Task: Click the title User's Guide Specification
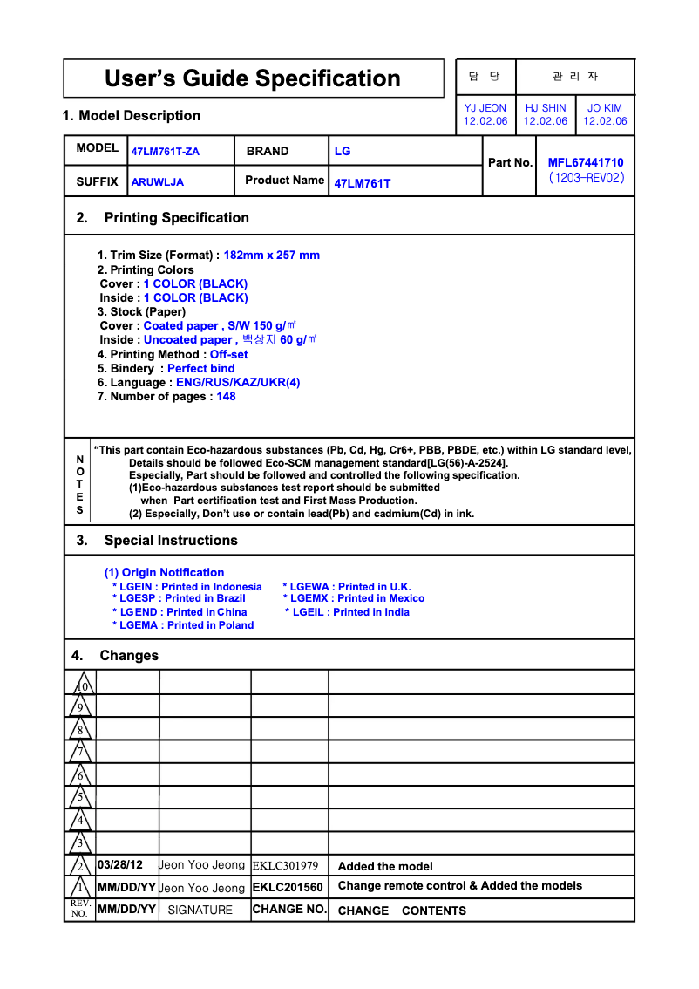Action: [x=253, y=78]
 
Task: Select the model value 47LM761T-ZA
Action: [x=166, y=152]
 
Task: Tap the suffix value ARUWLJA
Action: [x=158, y=182]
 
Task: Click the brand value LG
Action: [x=343, y=151]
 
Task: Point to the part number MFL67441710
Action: [x=586, y=162]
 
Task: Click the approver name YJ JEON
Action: [x=485, y=108]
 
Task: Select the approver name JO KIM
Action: [x=605, y=108]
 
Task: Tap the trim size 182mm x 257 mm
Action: [x=272, y=256]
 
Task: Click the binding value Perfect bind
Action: [x=201, y=368]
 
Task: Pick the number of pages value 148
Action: [x=227, y=396]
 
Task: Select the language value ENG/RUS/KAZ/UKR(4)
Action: [x=238, y=382]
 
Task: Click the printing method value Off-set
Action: [x=229, y=354]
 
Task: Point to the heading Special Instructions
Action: [x=171, y=540]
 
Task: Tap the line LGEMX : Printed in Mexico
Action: [x=354, y=598]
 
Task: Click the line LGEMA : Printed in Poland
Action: [x=183, y=625]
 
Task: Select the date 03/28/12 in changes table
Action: [x=120, y=865]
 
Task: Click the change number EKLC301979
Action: [x=285, y=866]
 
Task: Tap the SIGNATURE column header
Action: [x=200, y=910]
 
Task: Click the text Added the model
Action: [x=385, y=866]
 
